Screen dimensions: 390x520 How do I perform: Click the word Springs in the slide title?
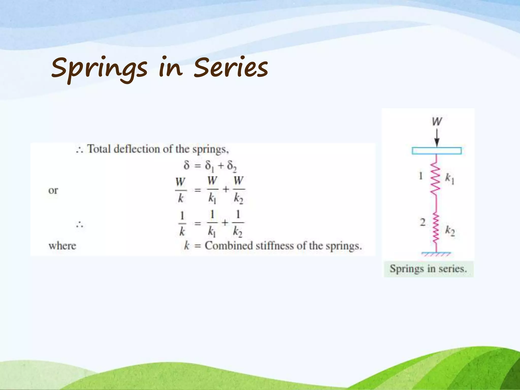tap(99, 69)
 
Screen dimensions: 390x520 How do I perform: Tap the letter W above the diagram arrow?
tap(437, 121)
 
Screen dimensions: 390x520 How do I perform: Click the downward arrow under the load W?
tap(437, 138)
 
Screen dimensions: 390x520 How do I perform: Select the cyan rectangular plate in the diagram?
tap(437, 151)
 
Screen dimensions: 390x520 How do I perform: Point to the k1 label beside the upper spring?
tap(450, 179)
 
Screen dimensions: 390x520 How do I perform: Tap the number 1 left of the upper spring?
tap(421, 176)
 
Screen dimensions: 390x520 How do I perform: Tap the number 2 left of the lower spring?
tap(422, 222)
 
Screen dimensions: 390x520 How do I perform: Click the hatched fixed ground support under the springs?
tap(436, 254)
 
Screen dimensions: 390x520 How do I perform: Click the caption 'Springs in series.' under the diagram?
tap(428, 269)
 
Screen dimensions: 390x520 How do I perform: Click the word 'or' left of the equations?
tap(53, 190)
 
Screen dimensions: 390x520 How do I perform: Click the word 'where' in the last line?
tap(62, 246)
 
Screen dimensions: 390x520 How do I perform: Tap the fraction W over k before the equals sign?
tap(181, 190)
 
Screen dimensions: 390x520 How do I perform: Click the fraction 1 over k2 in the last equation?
tap(238, 223)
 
